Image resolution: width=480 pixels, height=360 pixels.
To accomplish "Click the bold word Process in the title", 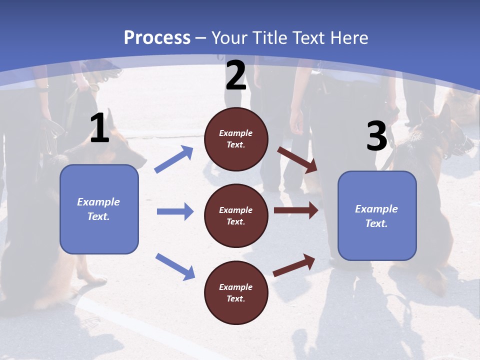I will click(x=157, y=38).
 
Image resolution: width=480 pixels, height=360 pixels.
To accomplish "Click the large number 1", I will click(x=100, y=128).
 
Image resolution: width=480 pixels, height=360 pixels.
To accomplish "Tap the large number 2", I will click(x=235, y=75).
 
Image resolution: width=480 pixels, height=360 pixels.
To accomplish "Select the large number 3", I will click(x=376, y=136).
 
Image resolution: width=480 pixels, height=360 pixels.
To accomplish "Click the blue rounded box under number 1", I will click(x=99, y=209).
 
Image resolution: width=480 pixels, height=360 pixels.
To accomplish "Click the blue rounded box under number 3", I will click(x=377, y=216).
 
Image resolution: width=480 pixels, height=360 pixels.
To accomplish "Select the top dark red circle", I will click(x=236, y=139).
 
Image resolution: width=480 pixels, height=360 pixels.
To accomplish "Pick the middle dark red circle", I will click(x=236, y=215).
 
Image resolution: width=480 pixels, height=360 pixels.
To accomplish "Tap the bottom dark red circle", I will click(x=236, y=292).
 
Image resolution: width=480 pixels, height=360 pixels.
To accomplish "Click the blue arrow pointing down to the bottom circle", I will click(x=175, y=266).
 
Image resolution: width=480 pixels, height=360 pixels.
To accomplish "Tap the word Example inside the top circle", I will click(x=236, y=133).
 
